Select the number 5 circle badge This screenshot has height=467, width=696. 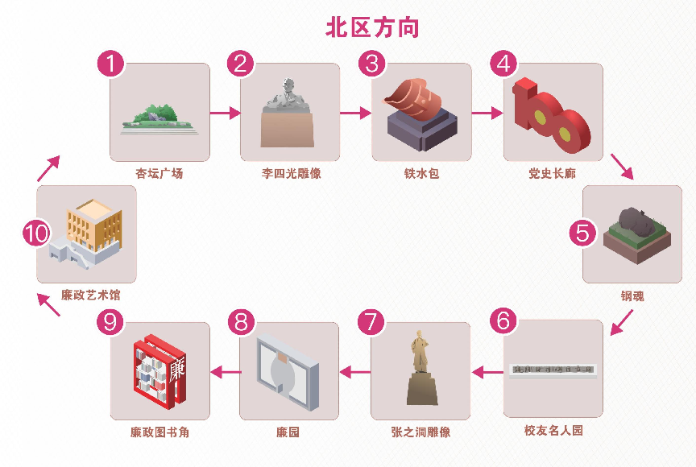(x=582, y=233)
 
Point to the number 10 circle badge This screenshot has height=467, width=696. (x=36, y=233)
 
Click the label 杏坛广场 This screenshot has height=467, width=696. (x=159, y=173)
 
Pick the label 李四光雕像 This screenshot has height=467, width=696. (x=291, y=173)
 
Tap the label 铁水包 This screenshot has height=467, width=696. (x=421, y=173)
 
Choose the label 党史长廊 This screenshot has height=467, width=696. (x=553, y=173)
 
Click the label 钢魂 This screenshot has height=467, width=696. (x=632, y=295)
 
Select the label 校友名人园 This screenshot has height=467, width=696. (x=553, y=431)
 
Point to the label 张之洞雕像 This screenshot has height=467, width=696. (x=421, y=432)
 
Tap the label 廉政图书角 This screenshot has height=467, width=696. (x=159, y=432)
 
